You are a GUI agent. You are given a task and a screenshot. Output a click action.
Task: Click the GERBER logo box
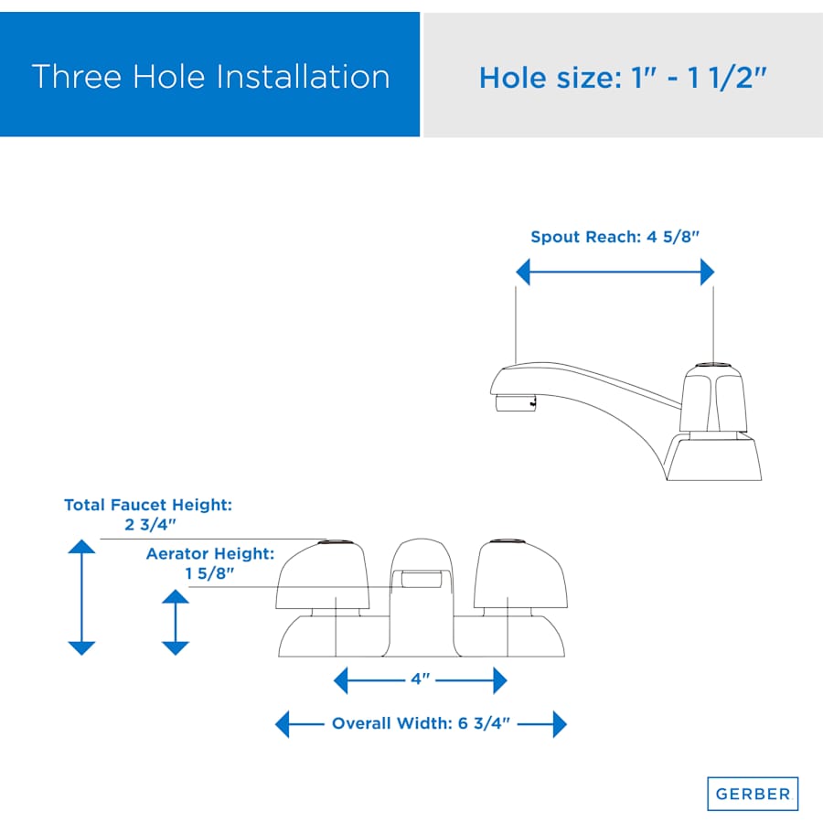753,793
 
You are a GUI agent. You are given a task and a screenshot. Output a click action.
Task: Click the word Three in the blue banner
77,77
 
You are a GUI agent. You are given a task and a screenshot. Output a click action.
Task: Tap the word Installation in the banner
303,77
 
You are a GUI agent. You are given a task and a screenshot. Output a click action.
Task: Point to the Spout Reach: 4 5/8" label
615,237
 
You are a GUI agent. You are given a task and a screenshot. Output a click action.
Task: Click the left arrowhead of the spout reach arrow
523,272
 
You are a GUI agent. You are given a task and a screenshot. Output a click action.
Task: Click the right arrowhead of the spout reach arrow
708,272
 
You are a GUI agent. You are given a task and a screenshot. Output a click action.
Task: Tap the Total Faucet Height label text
148,505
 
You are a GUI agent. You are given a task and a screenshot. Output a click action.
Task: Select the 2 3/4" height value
150,524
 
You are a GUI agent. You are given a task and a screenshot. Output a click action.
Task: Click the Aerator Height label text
210,554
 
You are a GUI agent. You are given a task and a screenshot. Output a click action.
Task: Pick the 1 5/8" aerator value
209,573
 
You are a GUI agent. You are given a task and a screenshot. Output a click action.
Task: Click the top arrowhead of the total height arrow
81,547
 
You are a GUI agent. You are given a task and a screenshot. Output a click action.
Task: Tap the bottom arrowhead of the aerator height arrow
176,648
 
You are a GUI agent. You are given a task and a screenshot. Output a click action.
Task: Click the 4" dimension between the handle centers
420,679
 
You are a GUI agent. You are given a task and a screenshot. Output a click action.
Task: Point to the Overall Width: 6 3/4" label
421,723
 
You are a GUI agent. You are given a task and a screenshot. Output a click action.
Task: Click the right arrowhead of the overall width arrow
560,724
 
